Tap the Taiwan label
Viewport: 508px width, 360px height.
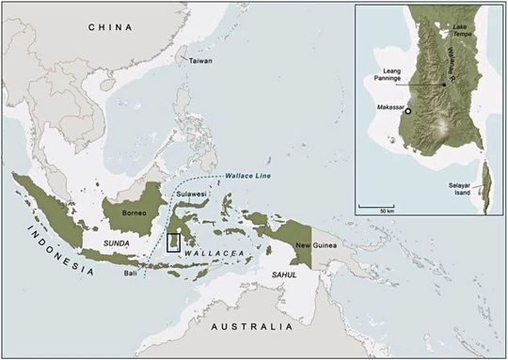(x=199, y=61)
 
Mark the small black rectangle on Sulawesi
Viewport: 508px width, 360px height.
(x=173, y=243)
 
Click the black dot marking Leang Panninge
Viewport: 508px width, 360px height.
(x=444, y=85)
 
